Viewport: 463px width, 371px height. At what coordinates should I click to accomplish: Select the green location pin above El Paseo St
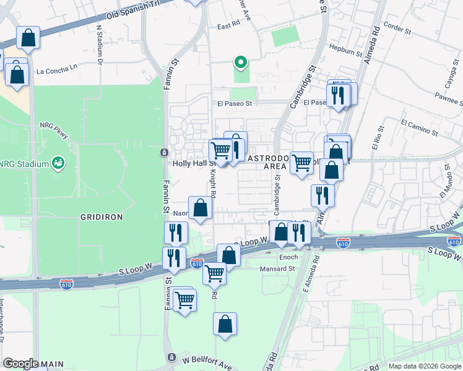pyautogui.click(x=240, y=62)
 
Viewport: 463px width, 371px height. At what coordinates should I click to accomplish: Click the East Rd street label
pyautogui.click(x=228, y=26)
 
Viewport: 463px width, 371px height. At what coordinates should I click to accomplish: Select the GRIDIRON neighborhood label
pyautogui.click(x=102, y=217)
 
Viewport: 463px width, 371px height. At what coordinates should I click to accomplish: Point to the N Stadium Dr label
pyautogui.click(x=99, y=45)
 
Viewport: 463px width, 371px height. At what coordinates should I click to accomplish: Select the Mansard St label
pyautogui.click(x=277, y=269)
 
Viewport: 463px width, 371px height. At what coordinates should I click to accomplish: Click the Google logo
pyautogui.click(x=21, y=364)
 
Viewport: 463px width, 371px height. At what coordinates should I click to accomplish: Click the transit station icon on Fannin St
pyautogui.click(x=163, y=152)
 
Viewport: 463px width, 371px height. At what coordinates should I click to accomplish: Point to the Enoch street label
pyautogui.click(x=288, y=257)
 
